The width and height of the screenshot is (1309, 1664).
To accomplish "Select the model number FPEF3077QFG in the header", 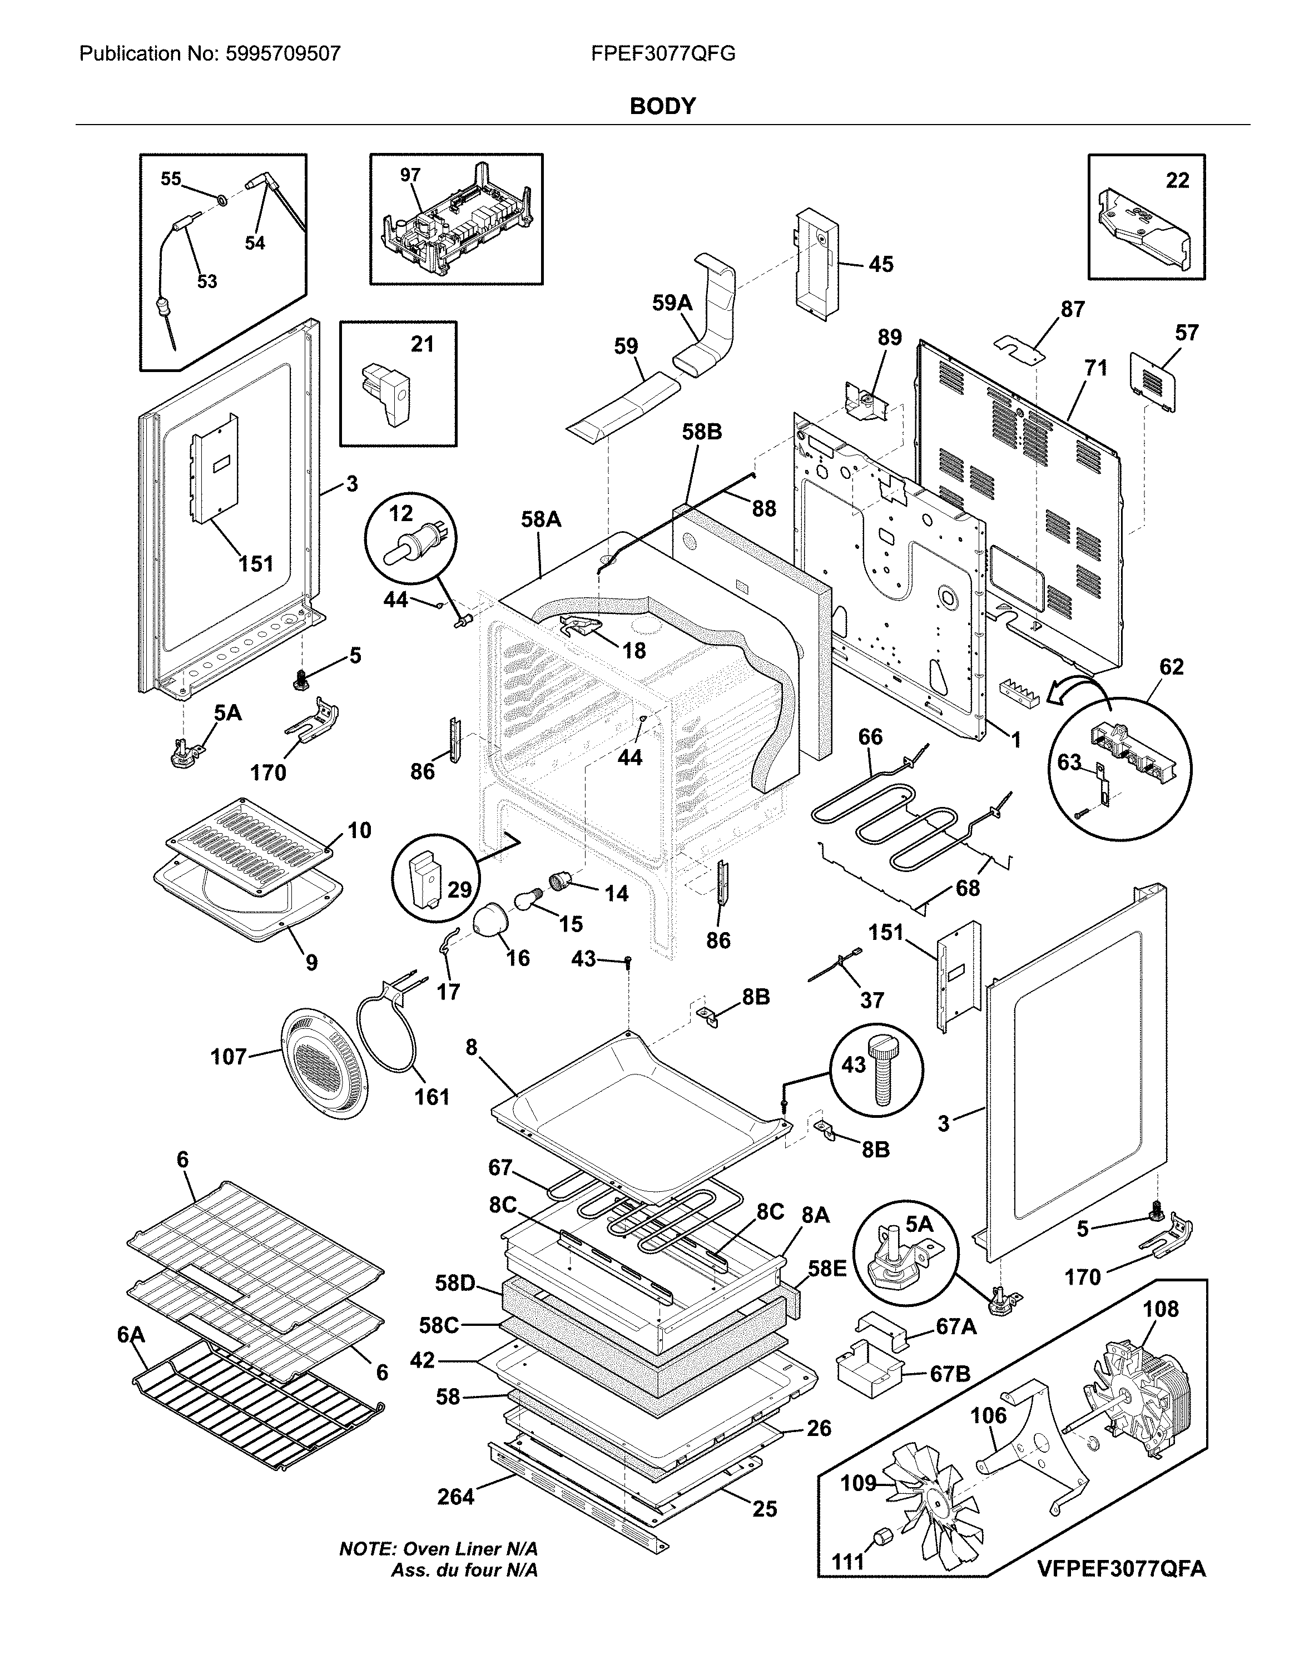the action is click(664, 53).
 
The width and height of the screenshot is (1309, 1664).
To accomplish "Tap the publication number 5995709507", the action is click(281, 53).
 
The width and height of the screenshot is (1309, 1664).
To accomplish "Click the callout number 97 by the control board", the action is click(410, 176).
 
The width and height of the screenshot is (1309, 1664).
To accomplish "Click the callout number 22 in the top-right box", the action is click(1177, 180).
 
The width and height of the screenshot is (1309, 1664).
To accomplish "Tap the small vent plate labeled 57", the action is click(1155, 381).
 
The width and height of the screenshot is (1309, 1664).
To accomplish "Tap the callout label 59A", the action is click(672, 304).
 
